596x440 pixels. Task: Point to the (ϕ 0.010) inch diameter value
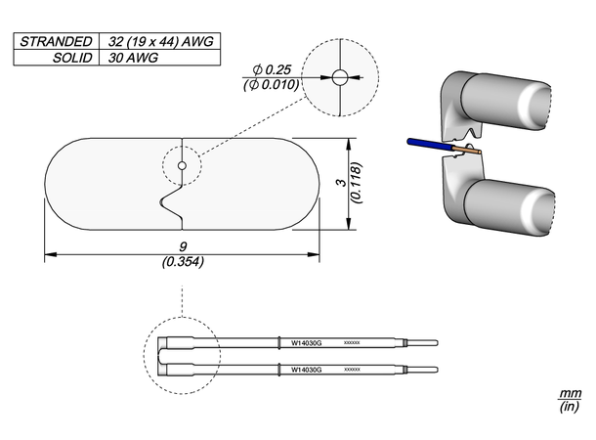(x=272, y=86)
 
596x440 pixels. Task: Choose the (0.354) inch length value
(x=182, y=262)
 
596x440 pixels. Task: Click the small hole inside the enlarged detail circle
(x=339, y=77)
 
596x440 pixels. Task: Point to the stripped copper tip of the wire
(x=470, y=153)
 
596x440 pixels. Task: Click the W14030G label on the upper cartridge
(x=307, y=343)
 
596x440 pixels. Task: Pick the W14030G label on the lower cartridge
(x=307, y=370)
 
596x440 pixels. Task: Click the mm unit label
(x=570, y=393)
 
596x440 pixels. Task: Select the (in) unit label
(x=570, y=407)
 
